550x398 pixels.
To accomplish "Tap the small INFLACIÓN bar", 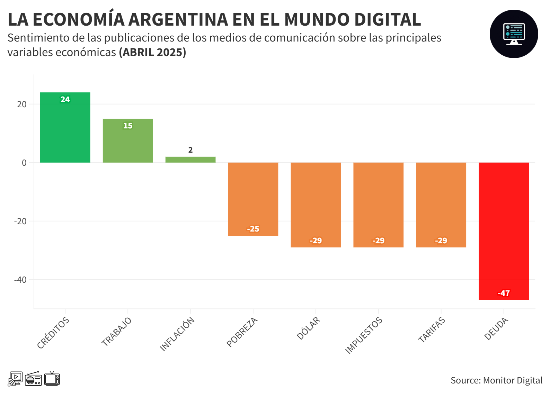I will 190,160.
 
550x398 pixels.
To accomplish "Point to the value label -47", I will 504,293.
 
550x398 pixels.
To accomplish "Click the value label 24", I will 65,99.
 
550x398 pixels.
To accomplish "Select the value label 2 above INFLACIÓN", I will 190,150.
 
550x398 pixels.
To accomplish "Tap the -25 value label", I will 253,229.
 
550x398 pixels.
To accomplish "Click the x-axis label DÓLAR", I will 309,328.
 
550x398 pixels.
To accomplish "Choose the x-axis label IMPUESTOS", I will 364,335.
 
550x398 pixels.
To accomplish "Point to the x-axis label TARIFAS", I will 432,330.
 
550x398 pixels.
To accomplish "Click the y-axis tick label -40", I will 20,280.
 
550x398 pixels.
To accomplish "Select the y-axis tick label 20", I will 22,104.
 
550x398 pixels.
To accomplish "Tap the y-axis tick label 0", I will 24,163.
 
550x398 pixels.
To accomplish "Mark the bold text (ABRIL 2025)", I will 152,52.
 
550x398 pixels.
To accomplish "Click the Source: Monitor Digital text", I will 496,380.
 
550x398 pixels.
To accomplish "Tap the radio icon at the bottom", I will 33,379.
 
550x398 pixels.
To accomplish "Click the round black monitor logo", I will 514,34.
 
